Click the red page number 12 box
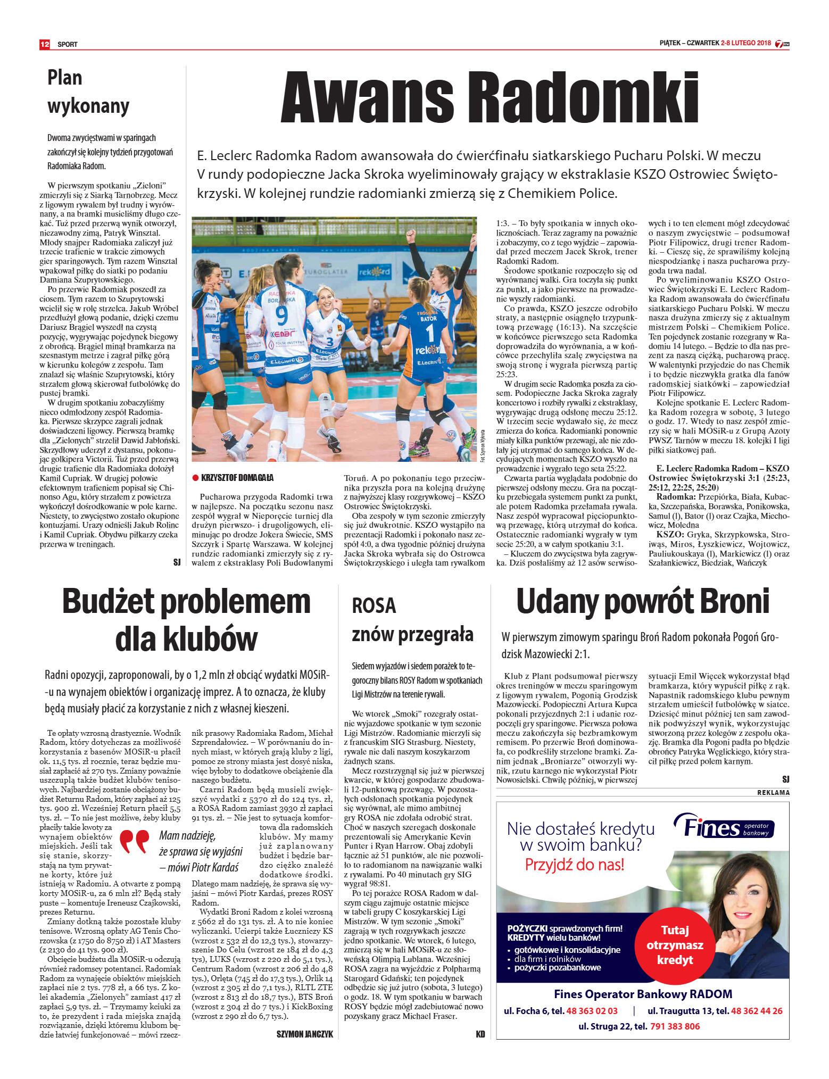(45, 44)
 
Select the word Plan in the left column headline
(65, 78)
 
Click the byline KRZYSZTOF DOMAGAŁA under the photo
(237, 478)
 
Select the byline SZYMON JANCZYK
(304, 1034)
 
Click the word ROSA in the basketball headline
(374, 606)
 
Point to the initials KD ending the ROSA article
(480, 1034)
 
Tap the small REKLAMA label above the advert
(773, 793)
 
